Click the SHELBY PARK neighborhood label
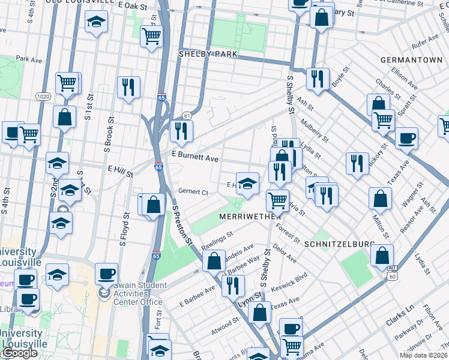tap(208, 54)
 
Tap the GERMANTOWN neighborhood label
tap(411, 61)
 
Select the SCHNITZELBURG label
tap(340, 245)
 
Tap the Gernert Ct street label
tap(193, 192)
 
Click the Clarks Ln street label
tap(400, 316)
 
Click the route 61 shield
tap(187, 115)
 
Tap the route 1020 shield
tap(43, 95)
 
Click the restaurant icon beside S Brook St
tap(128, 87)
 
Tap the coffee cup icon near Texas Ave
tap(406, 138)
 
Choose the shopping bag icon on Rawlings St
tap(214, 261)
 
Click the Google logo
tap(20, 353)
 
